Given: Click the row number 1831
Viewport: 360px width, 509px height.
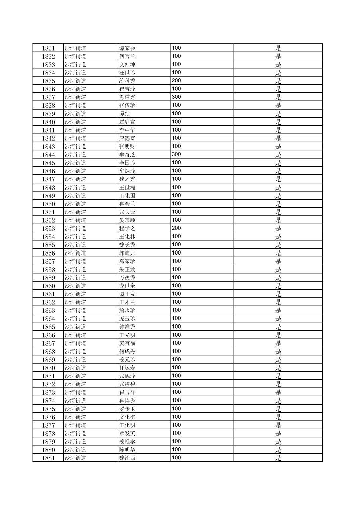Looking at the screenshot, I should [x=48, y=48].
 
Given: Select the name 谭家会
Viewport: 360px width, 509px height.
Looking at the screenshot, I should [x=127, y=48].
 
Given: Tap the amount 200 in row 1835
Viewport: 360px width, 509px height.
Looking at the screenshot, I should [x=176, y=80].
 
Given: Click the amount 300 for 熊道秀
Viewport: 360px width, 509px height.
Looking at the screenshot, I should [x=176, y=97].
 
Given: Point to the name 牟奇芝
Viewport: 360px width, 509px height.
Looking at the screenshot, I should [x=127, y=154].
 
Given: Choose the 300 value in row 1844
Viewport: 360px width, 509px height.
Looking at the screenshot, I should [x=176, y=154].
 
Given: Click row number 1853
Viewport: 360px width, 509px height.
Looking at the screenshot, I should [x=48, y=228].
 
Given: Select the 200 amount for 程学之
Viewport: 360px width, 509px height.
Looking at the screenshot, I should [x=176, y=228].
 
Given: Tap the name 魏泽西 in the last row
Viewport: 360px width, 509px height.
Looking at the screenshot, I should [x=127, y=458].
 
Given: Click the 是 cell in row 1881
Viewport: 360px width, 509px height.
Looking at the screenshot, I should [x=278, y=458].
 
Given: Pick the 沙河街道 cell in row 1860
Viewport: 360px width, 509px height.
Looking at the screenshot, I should [x=75, y=286].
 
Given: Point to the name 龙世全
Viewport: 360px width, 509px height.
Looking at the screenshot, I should [x=127, y=286].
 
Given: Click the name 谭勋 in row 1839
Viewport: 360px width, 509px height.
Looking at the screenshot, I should [x=124, y=114].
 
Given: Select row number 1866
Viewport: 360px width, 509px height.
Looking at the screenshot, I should [x=48, y=335].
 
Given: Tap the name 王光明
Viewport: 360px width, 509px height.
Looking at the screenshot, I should [x=127, y=335].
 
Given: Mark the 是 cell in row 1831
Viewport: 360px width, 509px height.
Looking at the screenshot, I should [x=278, y=48].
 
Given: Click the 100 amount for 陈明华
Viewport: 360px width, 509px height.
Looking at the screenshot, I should [x=176, y=449].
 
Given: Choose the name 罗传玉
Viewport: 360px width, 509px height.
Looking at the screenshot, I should [x=127, y=409].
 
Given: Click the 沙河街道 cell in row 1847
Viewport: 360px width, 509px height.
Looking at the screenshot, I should [x=75, y=179].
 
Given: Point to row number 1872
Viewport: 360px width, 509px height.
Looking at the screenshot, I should [x=48, y=384].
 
